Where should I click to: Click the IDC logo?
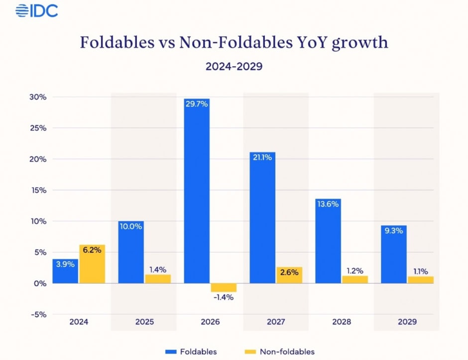pos(37,10)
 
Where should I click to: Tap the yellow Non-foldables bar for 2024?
pos(92,264)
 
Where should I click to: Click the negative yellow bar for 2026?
pos(223,287)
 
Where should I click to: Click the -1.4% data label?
pos(223,297)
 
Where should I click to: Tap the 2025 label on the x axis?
pos(144,322)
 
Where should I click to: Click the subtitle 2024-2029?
pos(234,67)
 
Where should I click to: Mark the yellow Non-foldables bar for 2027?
pos(289,275)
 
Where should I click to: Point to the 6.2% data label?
pos(92,250)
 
